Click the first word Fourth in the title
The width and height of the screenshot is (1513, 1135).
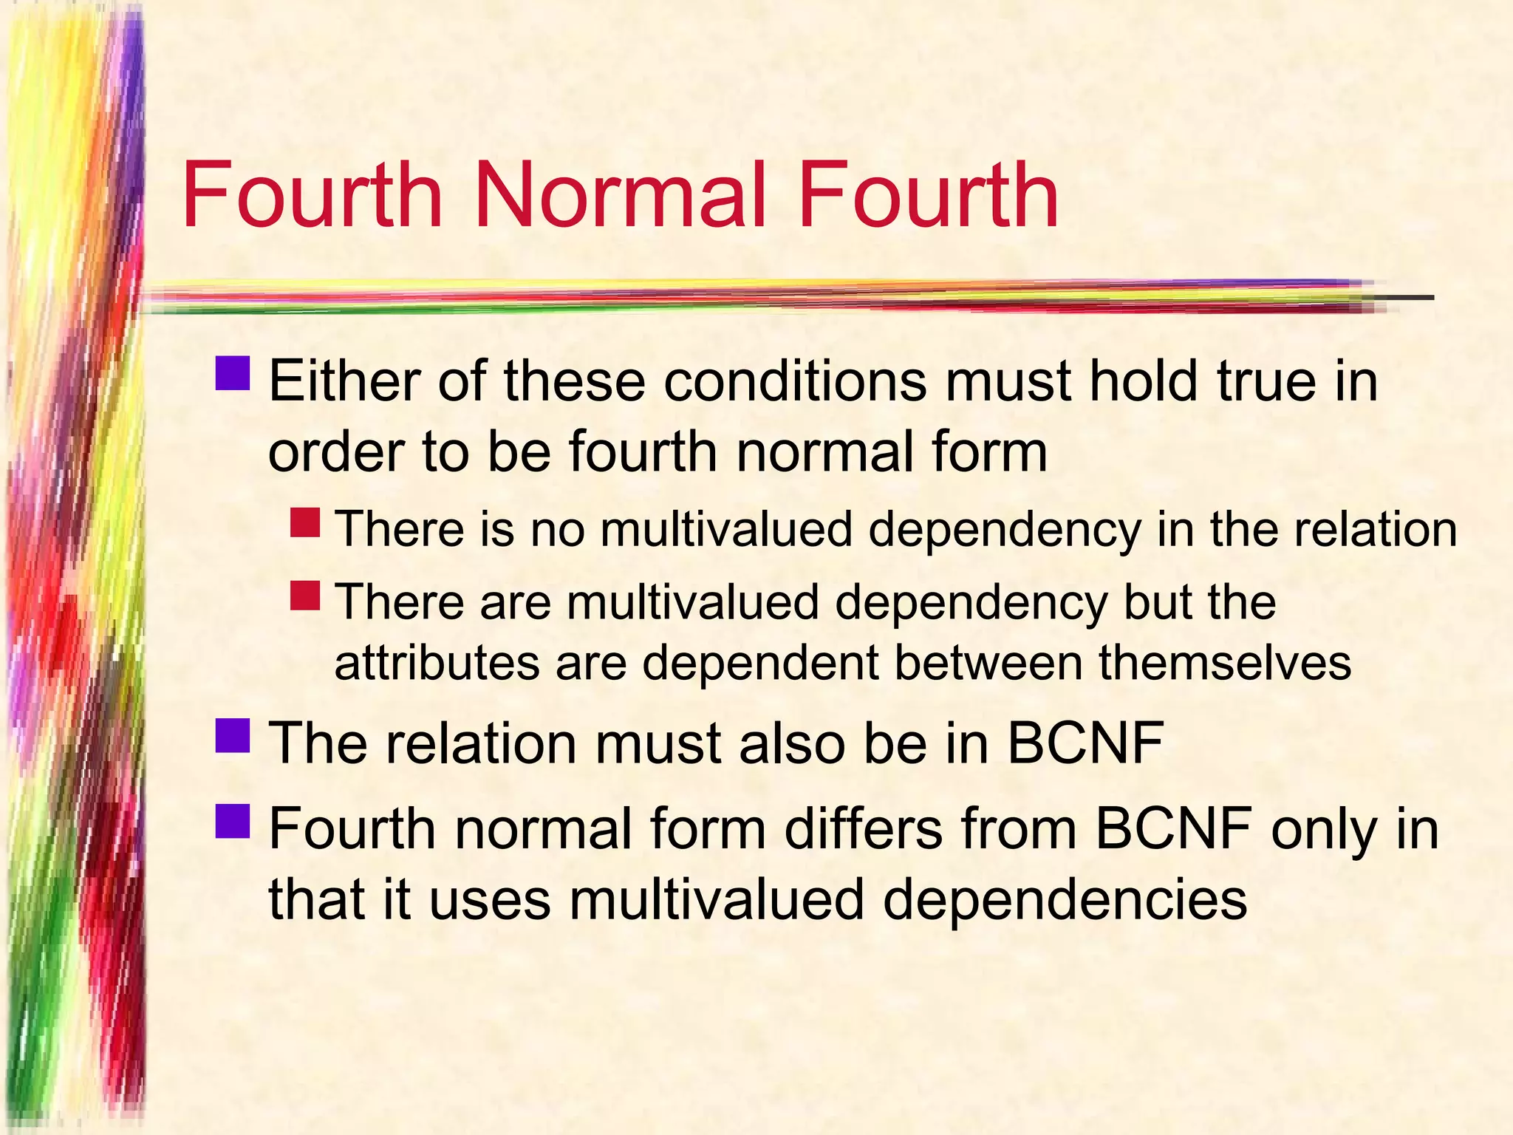[x=311, y=196]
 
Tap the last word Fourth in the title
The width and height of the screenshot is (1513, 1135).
[x=928, y=196]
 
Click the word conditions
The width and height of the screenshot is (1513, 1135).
[x=795, y=381]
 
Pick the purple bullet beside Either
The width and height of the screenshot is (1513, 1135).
[x=233, y=373]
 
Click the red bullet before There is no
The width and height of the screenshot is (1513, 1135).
[x=305, y=522]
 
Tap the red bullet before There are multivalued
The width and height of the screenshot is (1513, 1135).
[x=305, y=595]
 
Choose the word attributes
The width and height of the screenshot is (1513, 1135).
[x=437, y=662]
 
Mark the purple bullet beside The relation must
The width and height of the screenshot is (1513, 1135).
[x=233, y=735]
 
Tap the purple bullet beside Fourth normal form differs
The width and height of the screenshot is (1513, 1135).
[x=233, y=821]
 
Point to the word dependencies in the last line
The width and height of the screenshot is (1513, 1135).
[x=1065, y=900]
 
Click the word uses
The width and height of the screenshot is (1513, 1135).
[x=490, y=900]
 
